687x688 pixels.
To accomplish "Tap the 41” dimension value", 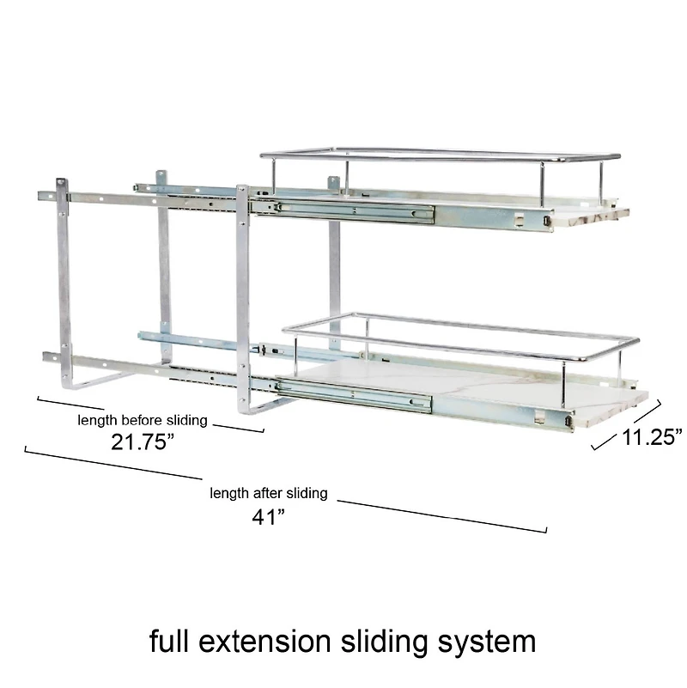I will tap(268, 517).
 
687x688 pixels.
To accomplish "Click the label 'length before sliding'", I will tap(143, 420).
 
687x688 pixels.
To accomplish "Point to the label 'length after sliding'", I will tap(268, 493).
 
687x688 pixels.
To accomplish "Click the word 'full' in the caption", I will tap(171, 641).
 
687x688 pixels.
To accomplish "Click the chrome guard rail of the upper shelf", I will tap(438, 156).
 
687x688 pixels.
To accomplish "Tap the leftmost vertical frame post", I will tap(63, 283).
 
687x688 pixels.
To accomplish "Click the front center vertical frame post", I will tap(243, 301).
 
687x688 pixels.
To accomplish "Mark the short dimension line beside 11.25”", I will tap(626, 424).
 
